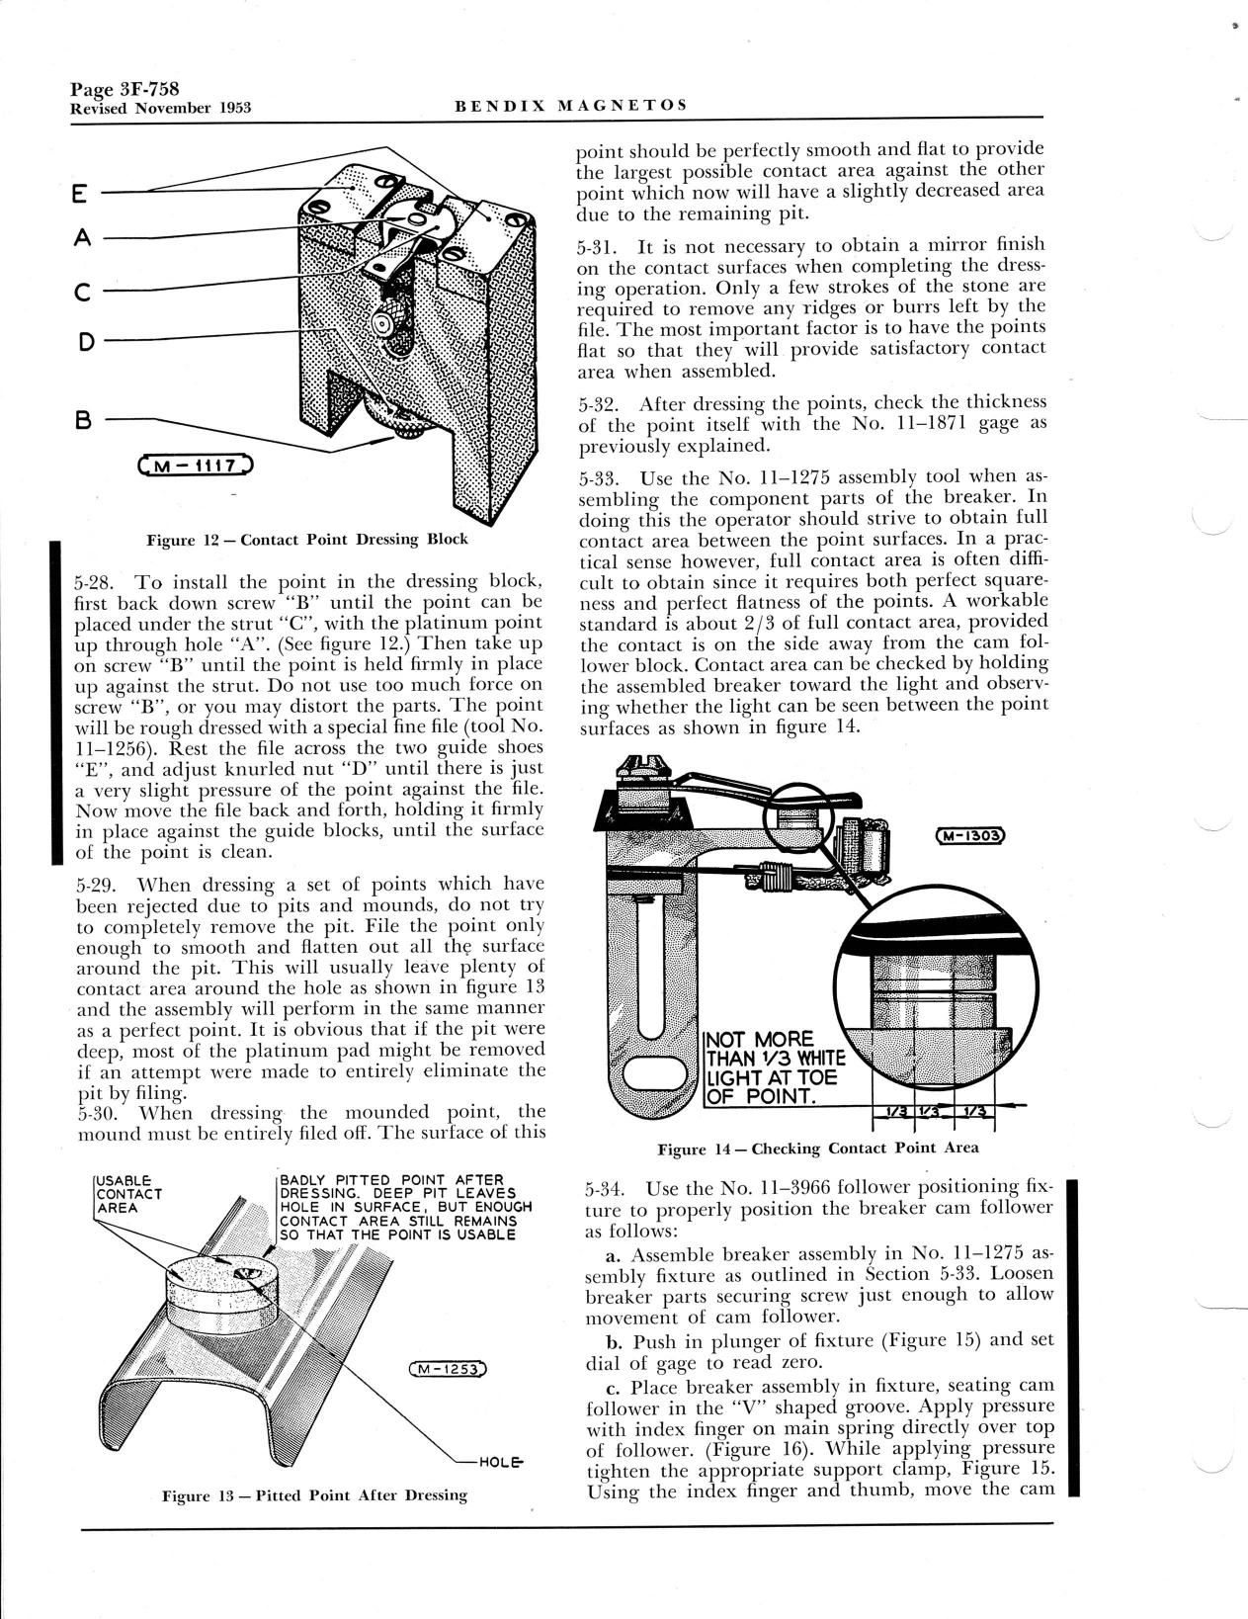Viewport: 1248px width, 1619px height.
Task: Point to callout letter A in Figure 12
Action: click(83, 237)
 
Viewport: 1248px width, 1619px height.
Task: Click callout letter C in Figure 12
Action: click(83, 292)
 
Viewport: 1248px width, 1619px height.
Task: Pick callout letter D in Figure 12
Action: click(85, 341)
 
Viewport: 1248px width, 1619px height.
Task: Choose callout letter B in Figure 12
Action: click(84, 420)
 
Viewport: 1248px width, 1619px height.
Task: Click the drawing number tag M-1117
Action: click(198, 466)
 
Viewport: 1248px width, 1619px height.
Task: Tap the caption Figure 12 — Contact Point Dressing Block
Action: click(306, 540)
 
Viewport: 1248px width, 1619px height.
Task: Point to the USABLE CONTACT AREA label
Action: click(126, 1193)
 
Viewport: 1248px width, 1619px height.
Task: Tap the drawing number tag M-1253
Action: click(448, 1370)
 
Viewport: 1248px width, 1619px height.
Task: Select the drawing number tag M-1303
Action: click(969, 836)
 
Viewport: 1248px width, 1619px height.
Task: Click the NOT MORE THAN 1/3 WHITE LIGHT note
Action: click(771, 1068)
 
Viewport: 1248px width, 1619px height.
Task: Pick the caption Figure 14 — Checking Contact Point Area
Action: click(818, 1148)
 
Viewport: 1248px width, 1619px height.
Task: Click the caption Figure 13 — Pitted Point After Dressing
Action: click(314, 1495)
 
